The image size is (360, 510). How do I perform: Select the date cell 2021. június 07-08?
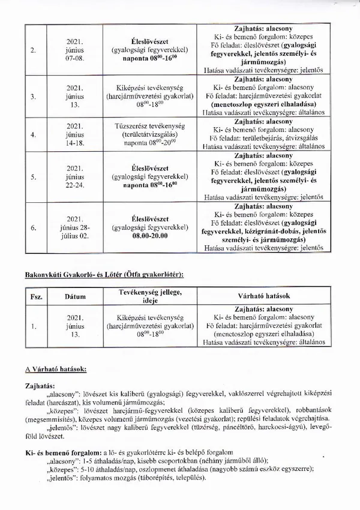pyautogui.click(x=77, y=50)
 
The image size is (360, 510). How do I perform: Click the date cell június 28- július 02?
pyautogui.click(x=77, y=228)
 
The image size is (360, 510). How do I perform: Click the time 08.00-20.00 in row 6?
pyautogui.click(x=150, y=236)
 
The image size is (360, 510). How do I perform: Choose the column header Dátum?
pyautogui.click(x=77, y=296)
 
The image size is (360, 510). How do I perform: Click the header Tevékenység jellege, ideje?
pyautogui.click(x=150, y=296)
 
